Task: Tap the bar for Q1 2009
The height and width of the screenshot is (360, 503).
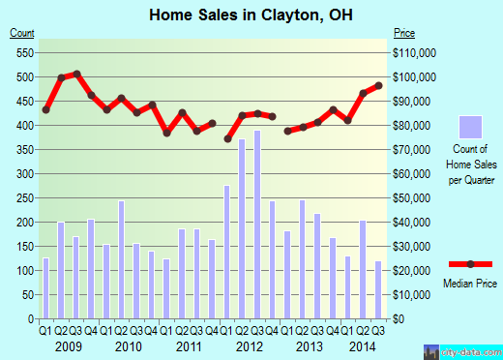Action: pos(45,288)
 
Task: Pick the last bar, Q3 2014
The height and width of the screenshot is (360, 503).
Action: pos(378,289)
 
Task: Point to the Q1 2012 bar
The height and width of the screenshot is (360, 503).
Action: pos(227,252)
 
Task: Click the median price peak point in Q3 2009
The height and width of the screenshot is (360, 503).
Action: pos(76,74)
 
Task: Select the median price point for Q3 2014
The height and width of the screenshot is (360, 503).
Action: pos(378,86)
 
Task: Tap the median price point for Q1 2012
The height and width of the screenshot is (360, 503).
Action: pos(228,138)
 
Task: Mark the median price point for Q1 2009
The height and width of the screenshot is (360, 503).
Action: pos(45,109)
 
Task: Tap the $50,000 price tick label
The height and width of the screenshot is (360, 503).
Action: pos(413,197)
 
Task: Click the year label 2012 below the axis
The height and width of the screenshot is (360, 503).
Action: pos(250,346)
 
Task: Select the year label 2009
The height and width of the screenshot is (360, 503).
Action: pos(68,346)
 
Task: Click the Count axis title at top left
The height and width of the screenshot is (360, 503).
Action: pos(21,33)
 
